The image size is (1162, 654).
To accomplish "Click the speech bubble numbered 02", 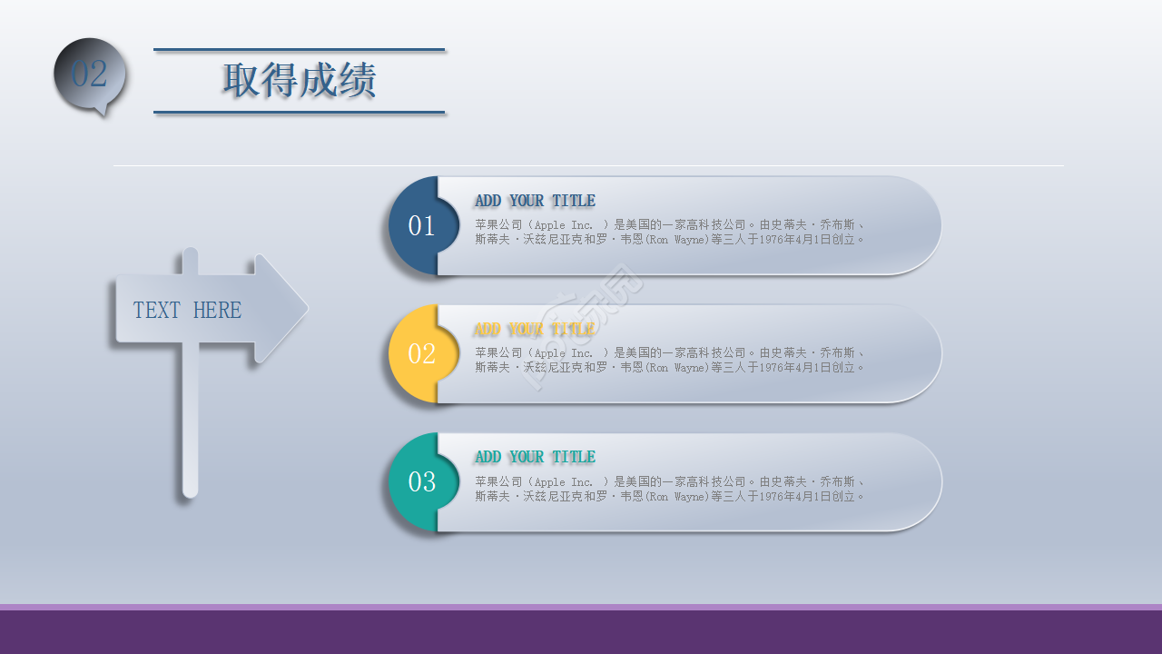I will click(89, 74).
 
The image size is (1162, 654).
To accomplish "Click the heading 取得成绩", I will click(299, 81).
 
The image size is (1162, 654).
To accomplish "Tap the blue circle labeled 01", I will click(421, 225).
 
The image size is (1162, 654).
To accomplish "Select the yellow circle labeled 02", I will click(421, 353).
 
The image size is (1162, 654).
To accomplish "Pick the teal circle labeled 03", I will click(421, 481).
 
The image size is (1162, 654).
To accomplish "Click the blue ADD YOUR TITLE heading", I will click(535, 201).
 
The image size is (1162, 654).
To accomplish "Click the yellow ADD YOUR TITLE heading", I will click(535, 329).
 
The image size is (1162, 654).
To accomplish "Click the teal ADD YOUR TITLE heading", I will click(535, 457).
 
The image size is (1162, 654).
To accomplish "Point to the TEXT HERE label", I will click(187, 311).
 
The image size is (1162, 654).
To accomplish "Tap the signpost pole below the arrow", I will click(190, 427).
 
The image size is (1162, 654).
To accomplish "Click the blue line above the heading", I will click(299, 49).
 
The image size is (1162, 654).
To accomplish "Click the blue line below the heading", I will click(299, 113).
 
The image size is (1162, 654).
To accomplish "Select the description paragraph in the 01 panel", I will click(669, 233).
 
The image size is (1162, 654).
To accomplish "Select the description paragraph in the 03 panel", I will click(669, 489).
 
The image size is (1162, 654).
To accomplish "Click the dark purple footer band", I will click(581, 632).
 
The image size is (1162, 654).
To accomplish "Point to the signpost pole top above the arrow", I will click(190, 260).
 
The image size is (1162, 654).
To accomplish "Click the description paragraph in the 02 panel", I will click(669, 361).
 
